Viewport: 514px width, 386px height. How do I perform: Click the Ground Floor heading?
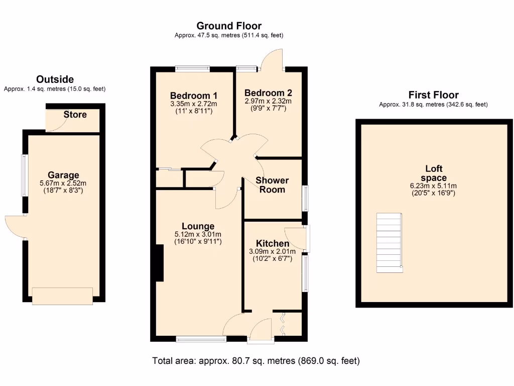pos(229,26)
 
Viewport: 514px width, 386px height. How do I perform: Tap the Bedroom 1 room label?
pos(193,95)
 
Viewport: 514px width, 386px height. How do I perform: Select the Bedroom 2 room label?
pos(268,93)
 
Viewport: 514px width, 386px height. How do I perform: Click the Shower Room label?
pos(273,185)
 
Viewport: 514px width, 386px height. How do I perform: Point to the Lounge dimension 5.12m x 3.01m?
pos(198,234)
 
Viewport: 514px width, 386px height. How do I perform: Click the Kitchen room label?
pos(273,243)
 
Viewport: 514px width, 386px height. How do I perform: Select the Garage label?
pos(63,175)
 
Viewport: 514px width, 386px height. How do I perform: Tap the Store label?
pos(75,115)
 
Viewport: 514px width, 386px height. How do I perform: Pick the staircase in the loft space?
pos(390,243)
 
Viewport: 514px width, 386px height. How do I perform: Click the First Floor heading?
pos(433,95)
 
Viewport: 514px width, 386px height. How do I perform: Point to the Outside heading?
pos(55,79)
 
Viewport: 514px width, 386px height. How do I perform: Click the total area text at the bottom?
pos(256,361)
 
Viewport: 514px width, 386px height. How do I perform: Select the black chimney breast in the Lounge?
pos(160,263)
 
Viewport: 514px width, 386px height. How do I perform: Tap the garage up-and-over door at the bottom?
pos(63,296)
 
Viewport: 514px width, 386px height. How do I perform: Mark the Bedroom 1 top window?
pos(192,69)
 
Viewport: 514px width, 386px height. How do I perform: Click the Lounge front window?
pos(201,340)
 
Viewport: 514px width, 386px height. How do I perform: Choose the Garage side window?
pos(24,175)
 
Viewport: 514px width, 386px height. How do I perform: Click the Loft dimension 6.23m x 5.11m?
pos(433,185)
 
